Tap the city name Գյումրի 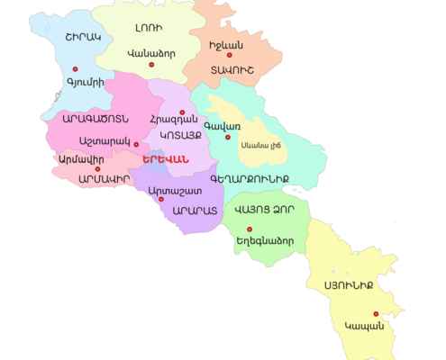click(x=86, y=82)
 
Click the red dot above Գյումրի click(x=75, y=68)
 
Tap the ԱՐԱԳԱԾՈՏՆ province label click(x=95, y=118)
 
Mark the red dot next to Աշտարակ click(x=135, y=144)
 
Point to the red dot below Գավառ click(x=228, y=138)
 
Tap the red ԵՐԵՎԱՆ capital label click(x=165, y=159)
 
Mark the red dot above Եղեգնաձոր click(x=249, y=229)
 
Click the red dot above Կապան click(x=376, y=314)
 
